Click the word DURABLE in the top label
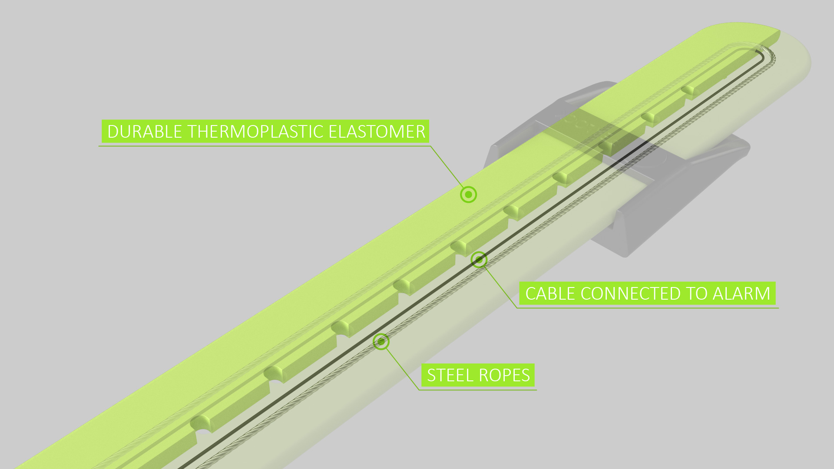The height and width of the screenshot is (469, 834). click(x=145, y=132)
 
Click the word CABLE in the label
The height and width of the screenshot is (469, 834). click(x=550, y=294)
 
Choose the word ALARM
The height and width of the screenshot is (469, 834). click(x=741, y=294)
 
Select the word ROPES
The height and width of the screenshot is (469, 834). click(x=504, y=375)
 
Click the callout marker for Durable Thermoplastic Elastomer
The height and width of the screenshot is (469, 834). click(x=468, y=195)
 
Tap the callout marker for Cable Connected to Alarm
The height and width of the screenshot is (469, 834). click(x=479, y=260)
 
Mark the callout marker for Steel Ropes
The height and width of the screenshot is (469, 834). click(x=381, y=342)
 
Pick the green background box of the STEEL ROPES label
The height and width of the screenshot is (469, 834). click(x=478, y=375)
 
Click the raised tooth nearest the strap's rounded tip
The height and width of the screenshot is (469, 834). click(x=704, y=85)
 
